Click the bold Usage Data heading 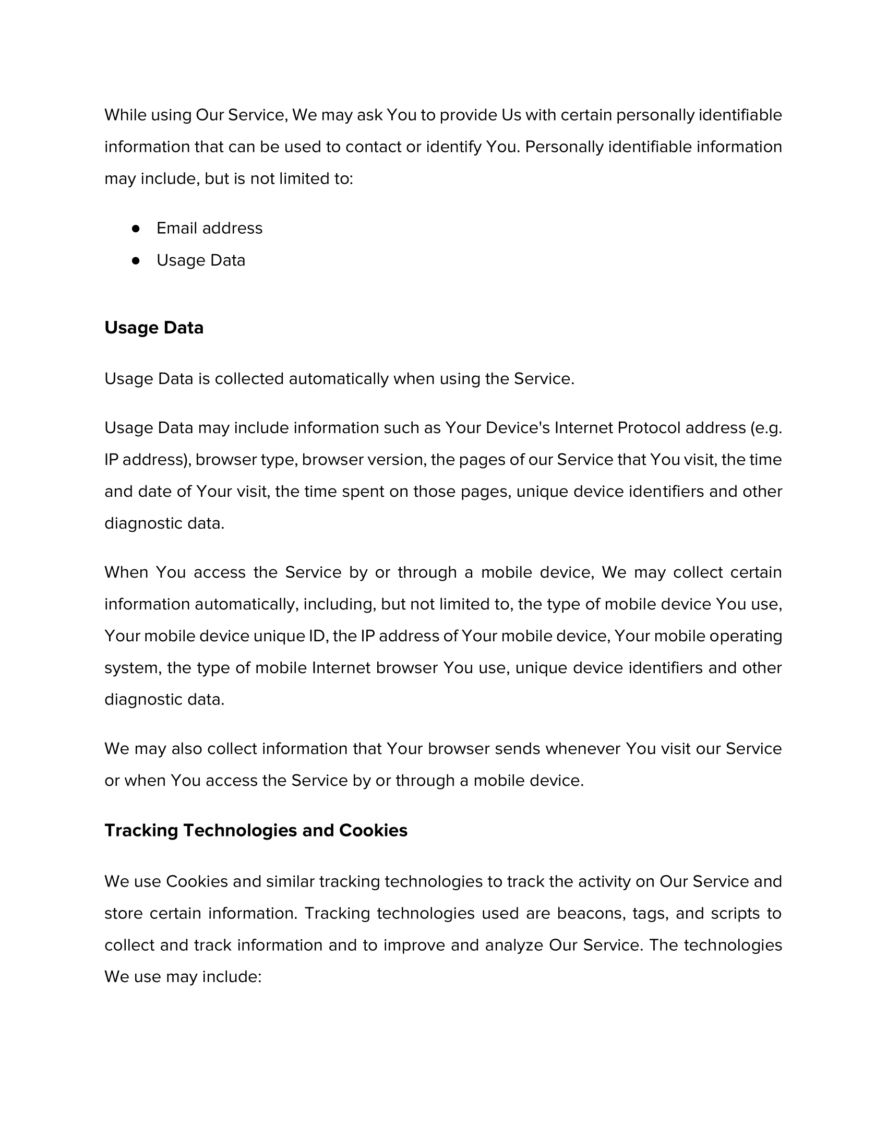(x=153, y=328)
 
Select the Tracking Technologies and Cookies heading (x=255, y=831)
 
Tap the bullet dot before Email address (x=136, y=228)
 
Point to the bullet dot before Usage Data (x=136, y=260)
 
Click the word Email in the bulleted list (x=176, y=228)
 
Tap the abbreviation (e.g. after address (x=765, y=428)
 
